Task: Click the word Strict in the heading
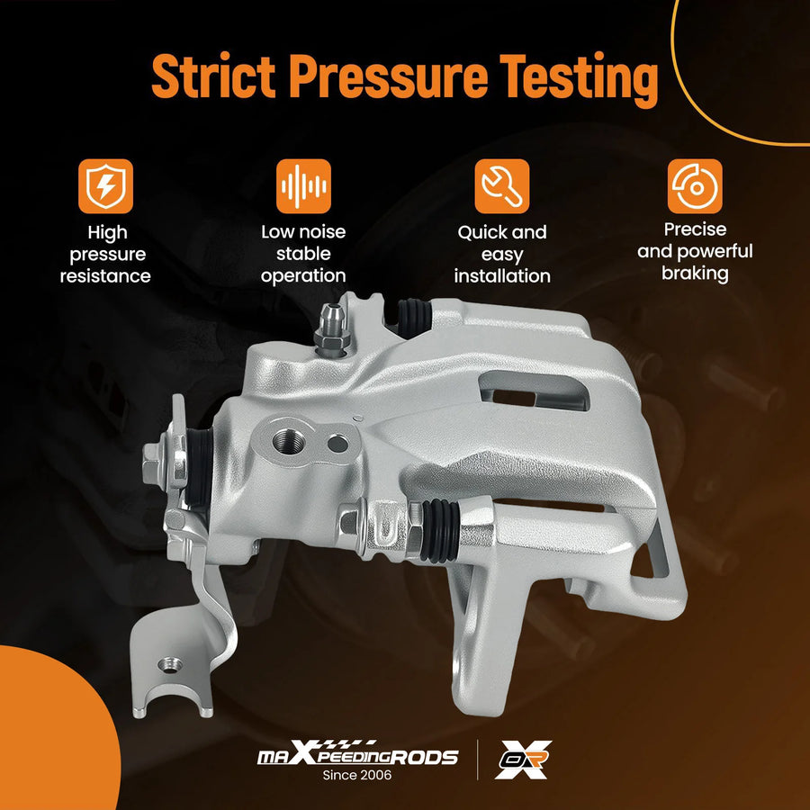click(213, 76)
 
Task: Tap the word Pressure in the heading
click(388, 76)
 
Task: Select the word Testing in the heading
click(579, 79)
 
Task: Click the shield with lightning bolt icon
click(106, 186)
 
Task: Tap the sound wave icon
click(304, 186)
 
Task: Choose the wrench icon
click(502, 186)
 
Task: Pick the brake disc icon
click(695, 186)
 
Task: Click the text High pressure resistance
click(106, 254)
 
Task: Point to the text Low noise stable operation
click(304, 254)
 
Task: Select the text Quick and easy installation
click(502, 254)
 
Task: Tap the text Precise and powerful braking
click(695, 252)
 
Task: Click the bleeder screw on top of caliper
click(332, 330)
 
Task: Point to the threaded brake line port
click(288, 441)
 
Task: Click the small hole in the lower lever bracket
click(169, 665)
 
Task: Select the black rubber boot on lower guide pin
click(439, 530)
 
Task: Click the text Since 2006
click(357, 775)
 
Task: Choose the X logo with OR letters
click(523, 759)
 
